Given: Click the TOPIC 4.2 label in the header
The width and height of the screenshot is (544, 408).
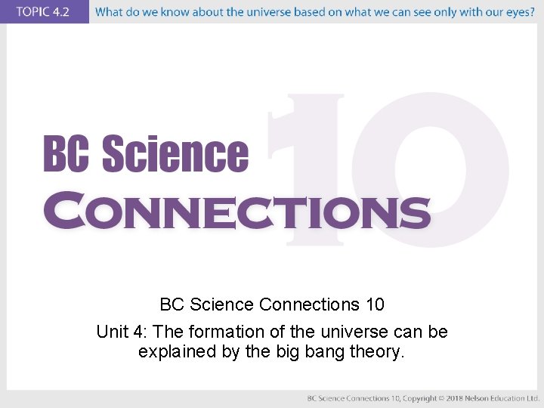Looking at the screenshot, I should (x=44, y=12).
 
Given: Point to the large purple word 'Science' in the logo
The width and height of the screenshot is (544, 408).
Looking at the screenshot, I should (x=175, y=154).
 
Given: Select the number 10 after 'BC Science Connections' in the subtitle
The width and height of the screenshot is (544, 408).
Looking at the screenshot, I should (x=374, y=304).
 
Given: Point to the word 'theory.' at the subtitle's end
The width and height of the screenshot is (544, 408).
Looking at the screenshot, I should (x=379, y=351).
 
